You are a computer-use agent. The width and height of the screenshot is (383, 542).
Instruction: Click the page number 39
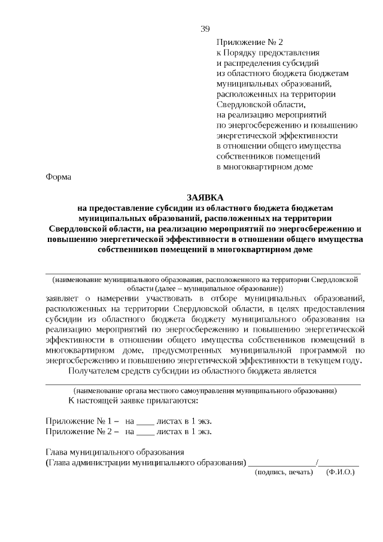pos(205,29)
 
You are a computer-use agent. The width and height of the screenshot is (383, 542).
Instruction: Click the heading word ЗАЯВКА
pos(205,197)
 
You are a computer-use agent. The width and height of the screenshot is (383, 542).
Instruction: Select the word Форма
pos(58,177)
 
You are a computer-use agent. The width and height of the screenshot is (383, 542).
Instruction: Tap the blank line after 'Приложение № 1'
pos(145,421)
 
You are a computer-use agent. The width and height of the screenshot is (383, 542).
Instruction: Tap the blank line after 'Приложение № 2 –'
pos(145,431)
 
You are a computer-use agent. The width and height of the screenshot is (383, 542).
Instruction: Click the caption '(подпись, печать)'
pos(284,473)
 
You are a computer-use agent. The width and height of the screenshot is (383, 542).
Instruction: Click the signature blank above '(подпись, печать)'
pos(282,463)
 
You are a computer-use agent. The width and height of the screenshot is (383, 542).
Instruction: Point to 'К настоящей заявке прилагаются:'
pos(133,400)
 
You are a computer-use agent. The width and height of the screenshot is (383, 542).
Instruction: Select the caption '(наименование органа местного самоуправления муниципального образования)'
pos(203,390)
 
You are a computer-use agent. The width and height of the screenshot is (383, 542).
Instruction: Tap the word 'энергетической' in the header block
pos(245,135)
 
